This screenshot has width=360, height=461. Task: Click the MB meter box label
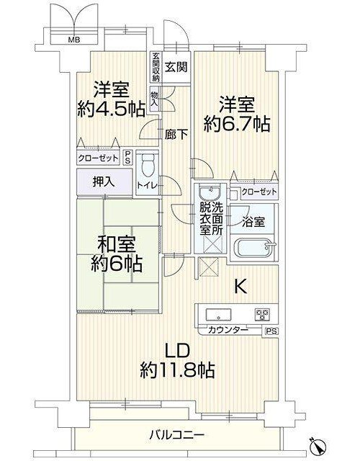click(x=74, y=40)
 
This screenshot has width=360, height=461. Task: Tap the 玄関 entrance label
click(x=176, y=68)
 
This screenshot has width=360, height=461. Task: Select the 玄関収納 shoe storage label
click(x=156, y=67)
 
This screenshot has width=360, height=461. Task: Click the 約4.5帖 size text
click(x=111, y=109)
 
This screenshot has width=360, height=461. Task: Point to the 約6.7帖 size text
click(x=237, y=124)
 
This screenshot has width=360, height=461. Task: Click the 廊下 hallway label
click(x=176, y=135)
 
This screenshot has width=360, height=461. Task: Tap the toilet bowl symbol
click(x=148, y=165)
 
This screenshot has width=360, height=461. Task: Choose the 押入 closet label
click(x=104, y=182)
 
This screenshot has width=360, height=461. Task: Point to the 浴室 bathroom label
click(x=253, y=222)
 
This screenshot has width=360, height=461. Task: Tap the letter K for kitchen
click(x=240, y=287)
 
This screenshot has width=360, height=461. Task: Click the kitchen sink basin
click(x=218, y=314)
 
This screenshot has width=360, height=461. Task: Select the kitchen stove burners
click(x=262, y=315)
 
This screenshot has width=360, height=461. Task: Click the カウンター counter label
click(x=228, y=330)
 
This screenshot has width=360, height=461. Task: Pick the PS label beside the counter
click(x=271, y=331)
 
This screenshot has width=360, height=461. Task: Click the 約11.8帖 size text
click(x=177, y=370)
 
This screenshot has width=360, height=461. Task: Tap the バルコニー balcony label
click(x=176, y=434)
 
